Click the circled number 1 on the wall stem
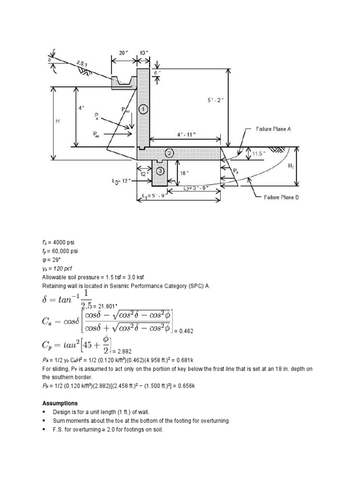click(143, 109)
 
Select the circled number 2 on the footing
click(169, 152)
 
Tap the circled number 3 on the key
click(160, 171)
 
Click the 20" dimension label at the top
click(123, 53)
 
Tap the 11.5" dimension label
click(259, 153)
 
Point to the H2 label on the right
click(291, 166)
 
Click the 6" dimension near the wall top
click(159, 73)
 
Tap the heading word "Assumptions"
click(60, 403)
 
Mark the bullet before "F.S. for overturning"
click(44, 429)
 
